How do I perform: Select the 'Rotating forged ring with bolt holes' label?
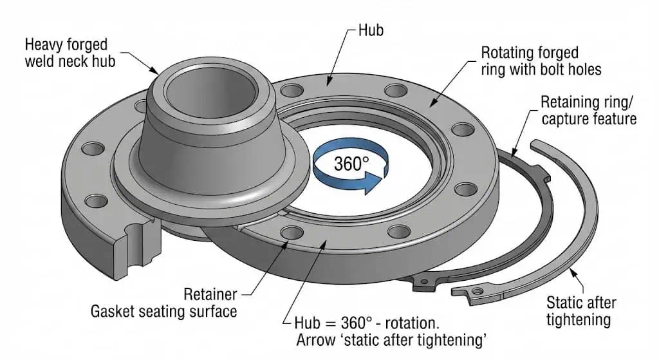point(530,61)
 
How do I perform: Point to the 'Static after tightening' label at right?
point(580,310)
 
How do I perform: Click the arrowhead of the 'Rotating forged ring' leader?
point(431,102)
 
